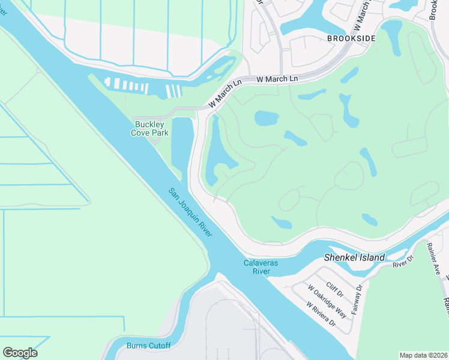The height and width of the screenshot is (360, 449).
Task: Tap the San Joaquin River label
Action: [x=190, y=211]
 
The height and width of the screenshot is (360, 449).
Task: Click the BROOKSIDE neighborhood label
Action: [x=351, y=38]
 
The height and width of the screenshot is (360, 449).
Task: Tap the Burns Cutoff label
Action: [x=148, y=346]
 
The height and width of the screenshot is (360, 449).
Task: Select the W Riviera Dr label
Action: [x=321, y=314]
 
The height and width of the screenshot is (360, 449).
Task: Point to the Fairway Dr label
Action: [x=358, y=299]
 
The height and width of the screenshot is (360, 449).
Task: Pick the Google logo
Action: [x=20, y=353]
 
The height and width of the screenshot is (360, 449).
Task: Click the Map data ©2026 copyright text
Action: [x=423, y=355]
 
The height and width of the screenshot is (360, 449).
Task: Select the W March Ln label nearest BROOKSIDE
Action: [x=277, y=79]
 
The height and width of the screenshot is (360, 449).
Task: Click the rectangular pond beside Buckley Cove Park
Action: [x=182, y=148]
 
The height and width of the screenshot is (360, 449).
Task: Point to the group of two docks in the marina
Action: [x=173, y=91]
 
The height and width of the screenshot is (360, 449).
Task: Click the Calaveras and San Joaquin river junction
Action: [x=240, y=264]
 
